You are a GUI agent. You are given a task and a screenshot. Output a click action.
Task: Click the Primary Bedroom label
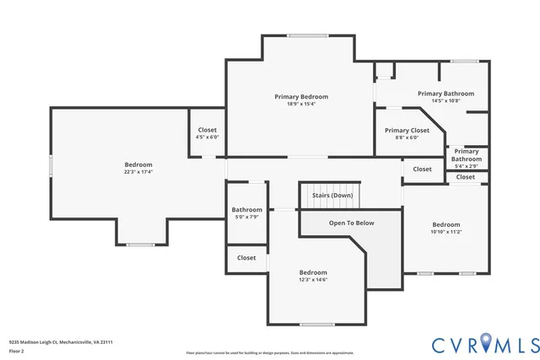(x=301, y=97)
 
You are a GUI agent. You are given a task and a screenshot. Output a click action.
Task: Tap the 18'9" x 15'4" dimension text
(x=301, y=105)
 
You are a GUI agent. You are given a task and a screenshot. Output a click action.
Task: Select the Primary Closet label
(x=408, y=131)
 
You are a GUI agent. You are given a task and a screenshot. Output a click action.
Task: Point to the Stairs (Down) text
(x=332, y=196)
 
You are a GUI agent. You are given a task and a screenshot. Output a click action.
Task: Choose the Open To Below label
(x=352, y=223)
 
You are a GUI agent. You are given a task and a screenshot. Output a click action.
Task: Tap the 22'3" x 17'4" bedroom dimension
(x=138, y=172)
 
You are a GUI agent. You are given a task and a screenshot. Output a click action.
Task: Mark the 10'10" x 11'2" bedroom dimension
(x=446, y=232)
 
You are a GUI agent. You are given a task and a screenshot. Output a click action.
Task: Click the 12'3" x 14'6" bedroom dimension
(x=313, y=280)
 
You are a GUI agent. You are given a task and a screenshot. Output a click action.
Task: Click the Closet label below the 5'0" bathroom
(x=246, y=258)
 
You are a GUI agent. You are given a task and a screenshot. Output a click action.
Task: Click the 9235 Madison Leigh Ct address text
(x=61, y=342)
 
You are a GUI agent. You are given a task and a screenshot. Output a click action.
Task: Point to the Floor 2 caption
(x=17, y=351)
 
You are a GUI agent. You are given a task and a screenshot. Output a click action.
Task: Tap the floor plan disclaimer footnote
(x=270, y=352)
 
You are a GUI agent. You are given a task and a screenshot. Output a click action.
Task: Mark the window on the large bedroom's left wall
(x=51, y=165)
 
